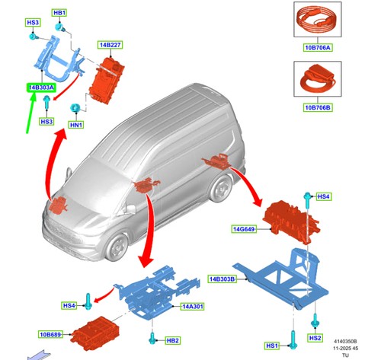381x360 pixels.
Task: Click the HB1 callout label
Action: point(59,13)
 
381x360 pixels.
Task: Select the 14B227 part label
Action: point(110,45)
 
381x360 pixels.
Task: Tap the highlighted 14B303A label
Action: point(41,88)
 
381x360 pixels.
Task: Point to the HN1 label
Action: point(76,125)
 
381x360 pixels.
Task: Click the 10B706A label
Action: point(318,48)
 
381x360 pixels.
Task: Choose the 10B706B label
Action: point(318,107)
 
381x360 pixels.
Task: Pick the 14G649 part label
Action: point(244,229)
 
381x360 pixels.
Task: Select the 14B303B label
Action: point(222,279)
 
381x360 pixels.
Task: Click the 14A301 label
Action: point(193,307)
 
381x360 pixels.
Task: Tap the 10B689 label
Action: point(50,334)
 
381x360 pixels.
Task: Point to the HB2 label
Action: point(173,340)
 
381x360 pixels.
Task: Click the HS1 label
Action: point(271,346)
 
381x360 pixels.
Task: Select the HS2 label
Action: point(315,338)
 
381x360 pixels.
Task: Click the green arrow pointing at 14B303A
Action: point(31,113)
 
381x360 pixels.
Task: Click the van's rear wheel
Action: point(219,188)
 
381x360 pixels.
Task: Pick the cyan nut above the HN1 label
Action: point(75,108)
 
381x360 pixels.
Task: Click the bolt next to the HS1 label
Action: point(293,339)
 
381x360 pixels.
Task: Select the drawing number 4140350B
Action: point(345,342)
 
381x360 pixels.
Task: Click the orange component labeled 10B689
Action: point(95,333)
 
